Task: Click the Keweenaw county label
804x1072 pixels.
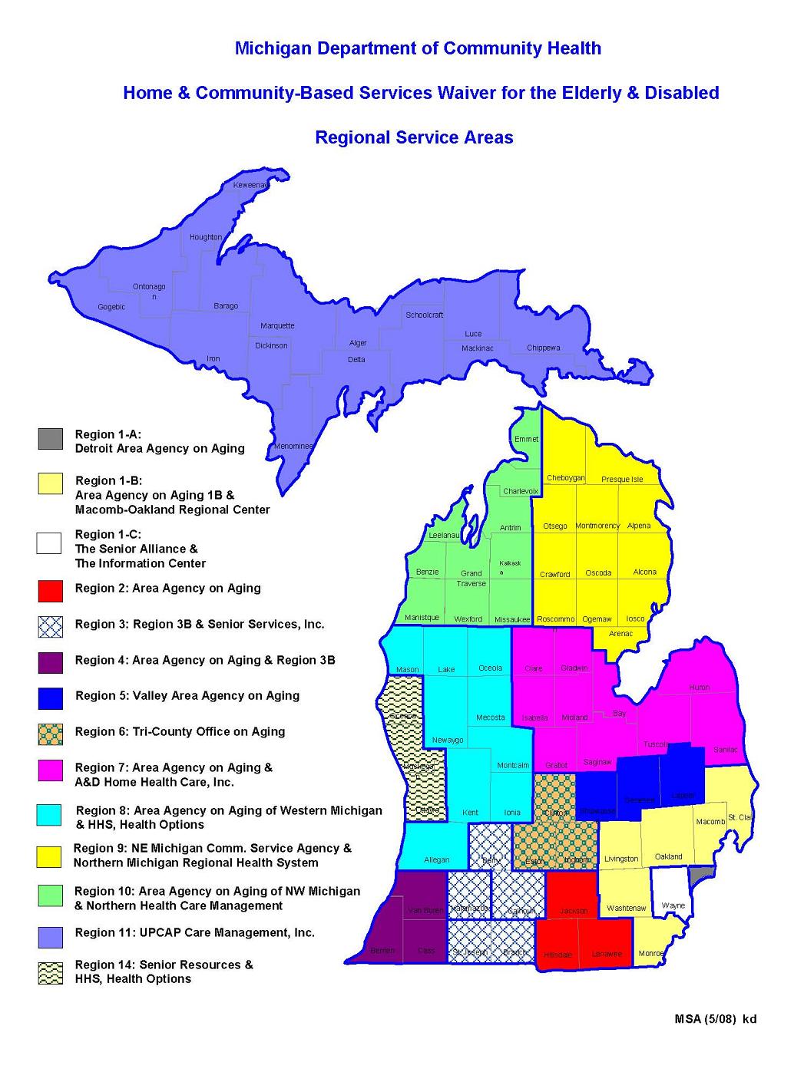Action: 251,186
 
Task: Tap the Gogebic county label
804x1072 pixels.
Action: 111,307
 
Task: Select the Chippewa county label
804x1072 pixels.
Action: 543,348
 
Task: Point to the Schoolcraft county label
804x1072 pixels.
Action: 425,315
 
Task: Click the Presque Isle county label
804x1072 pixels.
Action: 622,479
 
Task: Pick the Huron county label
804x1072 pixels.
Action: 699,688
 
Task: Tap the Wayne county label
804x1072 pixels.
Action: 673,905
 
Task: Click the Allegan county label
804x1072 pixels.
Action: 437,859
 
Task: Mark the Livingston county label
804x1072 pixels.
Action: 621,859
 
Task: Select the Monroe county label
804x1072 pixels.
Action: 651,953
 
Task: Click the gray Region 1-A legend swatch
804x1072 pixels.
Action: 50,439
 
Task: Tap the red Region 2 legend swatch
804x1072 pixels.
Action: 50,590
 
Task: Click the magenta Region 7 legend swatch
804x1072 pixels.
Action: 50,770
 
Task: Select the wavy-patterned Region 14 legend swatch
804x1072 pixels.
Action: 50,973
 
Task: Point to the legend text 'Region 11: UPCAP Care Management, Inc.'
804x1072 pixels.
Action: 195,932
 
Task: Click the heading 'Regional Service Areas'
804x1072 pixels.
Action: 414,138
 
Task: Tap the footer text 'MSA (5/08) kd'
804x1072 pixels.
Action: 716,1019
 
